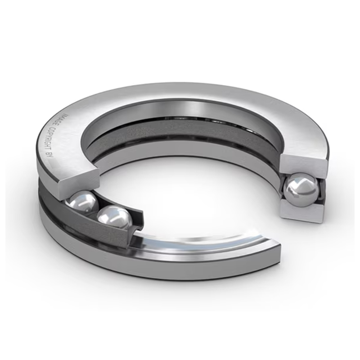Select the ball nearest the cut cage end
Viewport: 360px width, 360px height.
pyautogui.click(x=115, y=218)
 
